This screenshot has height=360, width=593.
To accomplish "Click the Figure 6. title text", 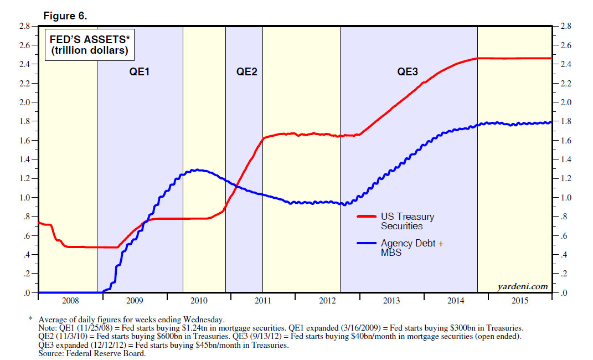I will coord(65,16).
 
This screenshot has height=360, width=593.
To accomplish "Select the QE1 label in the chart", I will coord(140,71).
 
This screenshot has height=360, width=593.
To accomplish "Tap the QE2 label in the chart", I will coord(247,71).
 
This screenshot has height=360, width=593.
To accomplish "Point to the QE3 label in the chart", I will coord(408,71).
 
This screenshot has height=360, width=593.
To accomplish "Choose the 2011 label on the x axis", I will coord(263,301).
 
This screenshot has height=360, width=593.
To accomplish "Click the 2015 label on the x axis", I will coord(520,301).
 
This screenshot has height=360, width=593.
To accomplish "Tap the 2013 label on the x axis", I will coord(391,301).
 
